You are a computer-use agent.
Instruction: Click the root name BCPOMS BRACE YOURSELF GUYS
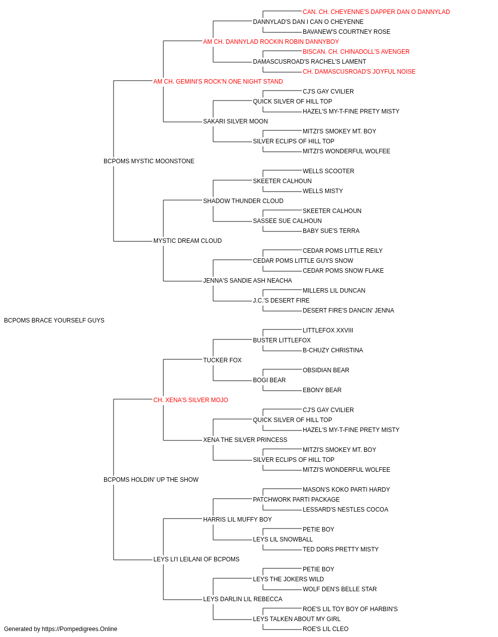(x=54, y=320)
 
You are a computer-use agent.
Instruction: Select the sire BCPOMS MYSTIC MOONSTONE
(x=149, y=161)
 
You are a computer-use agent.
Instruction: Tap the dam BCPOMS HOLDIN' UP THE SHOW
(x=151, y=480)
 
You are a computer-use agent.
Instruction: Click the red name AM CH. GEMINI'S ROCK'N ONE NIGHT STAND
(x=218, y=82)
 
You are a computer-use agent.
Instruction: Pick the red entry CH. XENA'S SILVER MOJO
(x=191, y=400)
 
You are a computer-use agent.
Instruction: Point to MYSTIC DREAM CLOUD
(x=187, y=241)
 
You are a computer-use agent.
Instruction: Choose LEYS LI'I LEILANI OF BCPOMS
(x=196, y=559)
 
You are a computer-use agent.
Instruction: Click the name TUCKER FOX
(x=222, y=360)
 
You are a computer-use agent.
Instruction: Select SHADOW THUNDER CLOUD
(x=243, y=201)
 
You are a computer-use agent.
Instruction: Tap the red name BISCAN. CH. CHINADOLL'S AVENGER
(x=356, y=52)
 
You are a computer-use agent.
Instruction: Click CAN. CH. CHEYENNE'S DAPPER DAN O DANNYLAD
(x=376, y=12)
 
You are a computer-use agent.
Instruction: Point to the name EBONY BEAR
(x=322, y=390)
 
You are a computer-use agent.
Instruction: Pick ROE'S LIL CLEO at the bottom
(x=326, y=629)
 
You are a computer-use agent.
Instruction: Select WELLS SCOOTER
(x=329, y=171)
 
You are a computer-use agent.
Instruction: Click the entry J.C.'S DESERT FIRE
(x=281, y=301)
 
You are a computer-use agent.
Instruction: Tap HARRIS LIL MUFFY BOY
(x=237, y=520)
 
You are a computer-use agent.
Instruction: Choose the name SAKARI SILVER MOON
(x=235, y=121)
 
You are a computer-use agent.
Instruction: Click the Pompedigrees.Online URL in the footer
(x=80, y=629)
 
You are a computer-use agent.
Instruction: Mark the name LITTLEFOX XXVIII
(x=328, y=330)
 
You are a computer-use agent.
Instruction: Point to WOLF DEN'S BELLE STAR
(x=340, y=589)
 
